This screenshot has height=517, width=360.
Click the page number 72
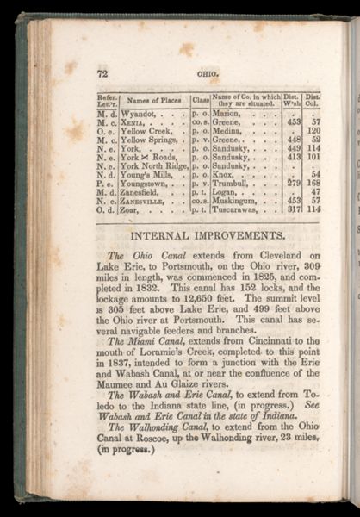pyautogui.click(x=102, y=74)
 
